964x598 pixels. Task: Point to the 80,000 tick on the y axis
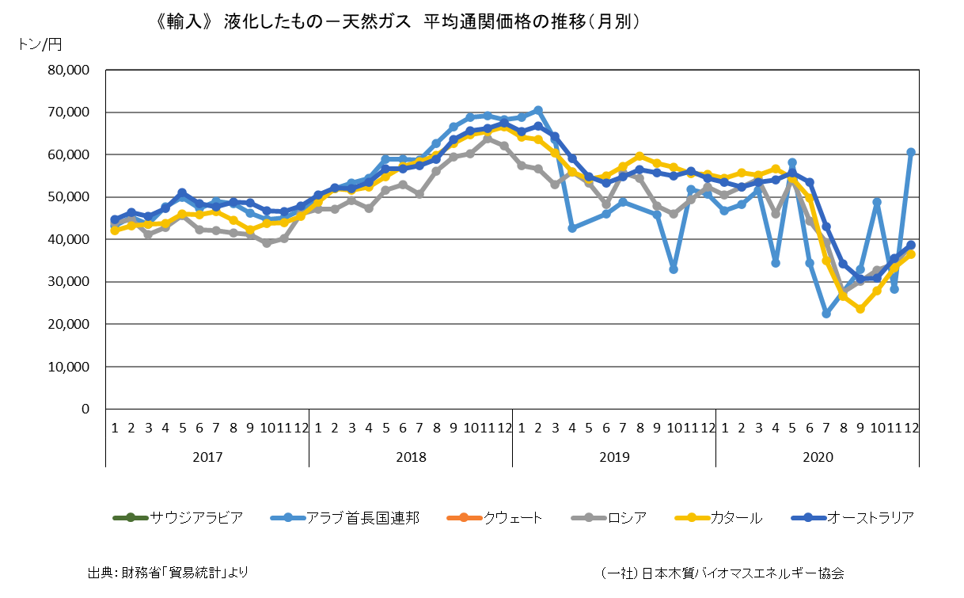pos(69,70)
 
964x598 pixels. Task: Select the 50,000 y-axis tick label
pos(69,197)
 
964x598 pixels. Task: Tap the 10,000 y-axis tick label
pos(69,367)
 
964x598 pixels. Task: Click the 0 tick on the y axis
pos(85,409)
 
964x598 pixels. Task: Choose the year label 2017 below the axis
pos(207,457)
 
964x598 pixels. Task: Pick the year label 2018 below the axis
pos(411,457)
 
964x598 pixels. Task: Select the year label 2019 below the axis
pos(614,457)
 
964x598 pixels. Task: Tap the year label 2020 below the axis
pos(818,457)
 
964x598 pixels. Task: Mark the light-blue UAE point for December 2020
pos(911,152)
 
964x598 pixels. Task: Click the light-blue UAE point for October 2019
pos(674,269)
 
